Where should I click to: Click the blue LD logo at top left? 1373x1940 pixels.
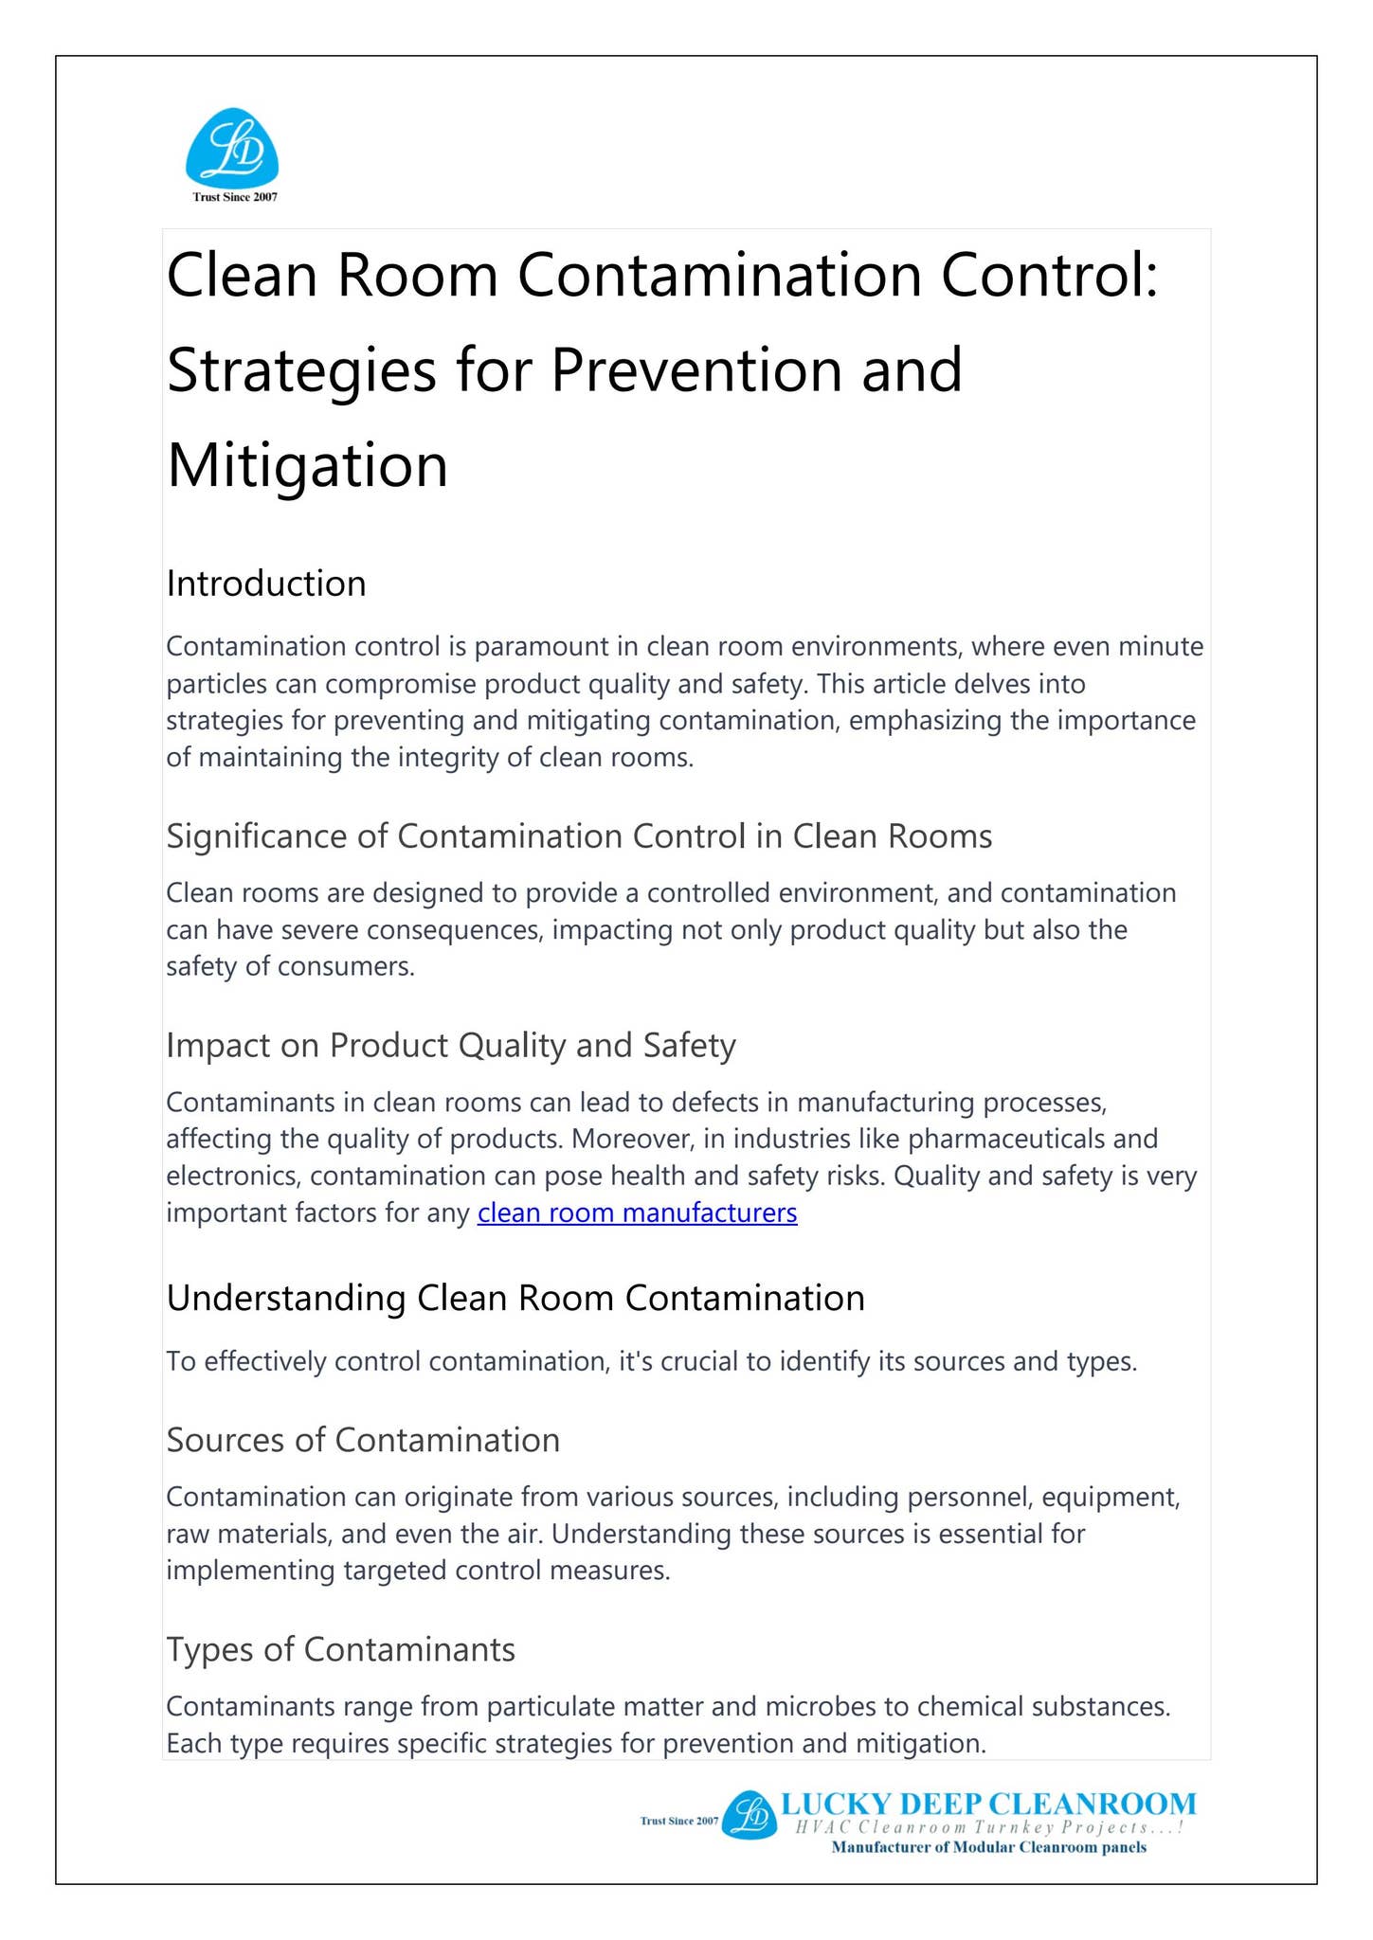(232, 147)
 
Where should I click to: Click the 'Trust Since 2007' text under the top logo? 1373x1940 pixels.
(235, 197)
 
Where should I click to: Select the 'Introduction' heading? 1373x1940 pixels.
(266, 584)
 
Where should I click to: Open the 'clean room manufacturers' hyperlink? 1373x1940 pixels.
(637, 1212)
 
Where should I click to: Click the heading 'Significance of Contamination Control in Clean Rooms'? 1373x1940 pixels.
(579, 836)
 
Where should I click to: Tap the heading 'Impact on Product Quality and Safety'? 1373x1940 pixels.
(451, 1045)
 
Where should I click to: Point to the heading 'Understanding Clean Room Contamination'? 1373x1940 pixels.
(515, 1298)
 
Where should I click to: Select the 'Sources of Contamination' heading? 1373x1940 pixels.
(363, 1440)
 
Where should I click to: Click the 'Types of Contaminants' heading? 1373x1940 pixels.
(341, 1649)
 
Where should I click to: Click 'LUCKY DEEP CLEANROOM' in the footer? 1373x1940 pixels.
(988, 1803)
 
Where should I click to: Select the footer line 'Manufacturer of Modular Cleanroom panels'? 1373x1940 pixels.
(988, 1848)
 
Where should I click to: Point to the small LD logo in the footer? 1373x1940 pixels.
(749, 1816)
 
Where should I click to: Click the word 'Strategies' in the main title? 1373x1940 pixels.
(301, 370)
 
